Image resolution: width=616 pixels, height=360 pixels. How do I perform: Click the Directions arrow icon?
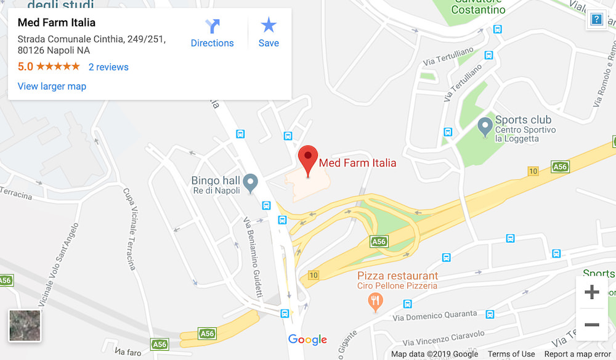click(213, 26)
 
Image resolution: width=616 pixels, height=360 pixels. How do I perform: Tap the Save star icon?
click(269, 25)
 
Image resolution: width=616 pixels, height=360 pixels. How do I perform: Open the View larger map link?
click(52, 86)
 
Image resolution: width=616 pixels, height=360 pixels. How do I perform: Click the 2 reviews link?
click(108, 67)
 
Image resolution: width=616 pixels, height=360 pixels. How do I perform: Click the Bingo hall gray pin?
click(250, 182)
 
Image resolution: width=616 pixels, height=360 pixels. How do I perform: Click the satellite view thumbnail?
click(25, 325)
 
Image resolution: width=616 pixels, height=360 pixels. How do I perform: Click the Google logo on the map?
click(307, 340)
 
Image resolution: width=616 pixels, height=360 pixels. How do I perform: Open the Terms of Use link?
click(511, 354)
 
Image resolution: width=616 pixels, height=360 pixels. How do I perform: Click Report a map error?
click(578, 354)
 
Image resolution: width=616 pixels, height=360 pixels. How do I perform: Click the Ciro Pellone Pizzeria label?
click(397, 286)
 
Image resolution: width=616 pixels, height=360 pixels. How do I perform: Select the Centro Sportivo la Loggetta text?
click(525, 134)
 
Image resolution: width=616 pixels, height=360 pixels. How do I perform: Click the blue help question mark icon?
click(596, 19)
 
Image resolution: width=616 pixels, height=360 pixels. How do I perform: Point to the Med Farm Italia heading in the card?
click(57, 23)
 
